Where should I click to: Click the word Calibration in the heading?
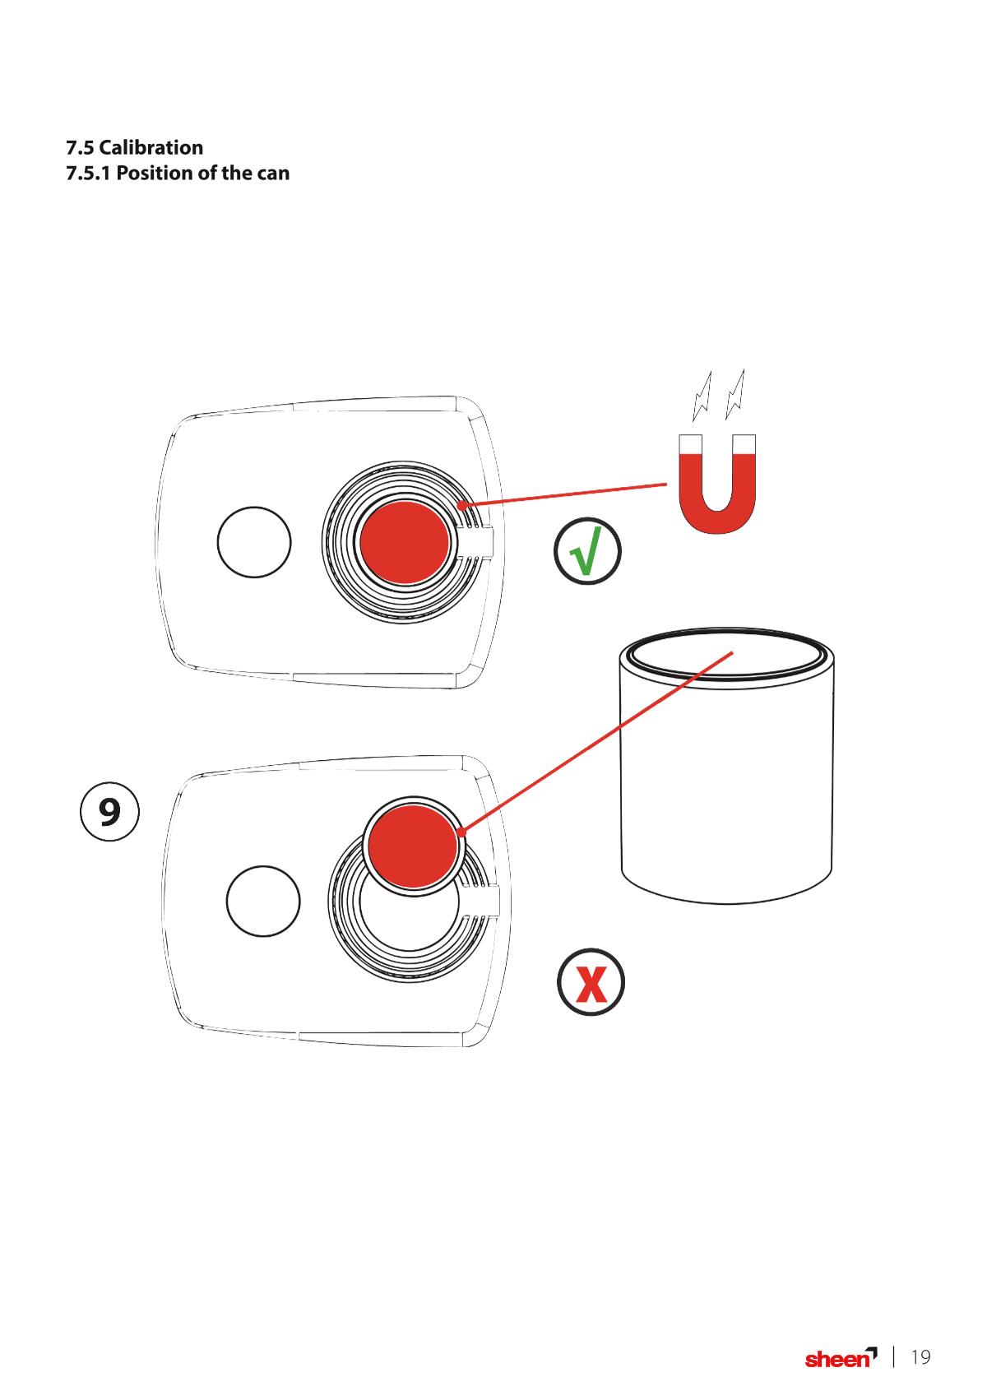[x=151, y=147]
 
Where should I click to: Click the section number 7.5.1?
[x=88, y=173]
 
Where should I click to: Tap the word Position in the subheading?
[x=155, y=173]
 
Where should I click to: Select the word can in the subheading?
[x=273, y=174]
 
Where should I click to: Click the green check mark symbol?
[x=587, y=550]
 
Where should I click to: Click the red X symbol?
[x=591, y=982]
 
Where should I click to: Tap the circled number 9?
[x=109, y=811]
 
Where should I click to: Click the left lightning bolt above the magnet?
[x=702, y=396]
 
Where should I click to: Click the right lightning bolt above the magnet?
[x=735, y=394]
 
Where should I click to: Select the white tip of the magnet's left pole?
[x=690, y=444]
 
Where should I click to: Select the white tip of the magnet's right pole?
[x=744, y=444]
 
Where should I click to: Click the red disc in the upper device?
[x=405, y=543]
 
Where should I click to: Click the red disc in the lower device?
[x=413, y=846]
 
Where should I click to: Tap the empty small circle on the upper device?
[x=254, y=542]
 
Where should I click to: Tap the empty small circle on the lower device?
[x=263, y=901]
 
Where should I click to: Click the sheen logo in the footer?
[x=841, y=1357]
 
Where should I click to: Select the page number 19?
[x=920, y=1357]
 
